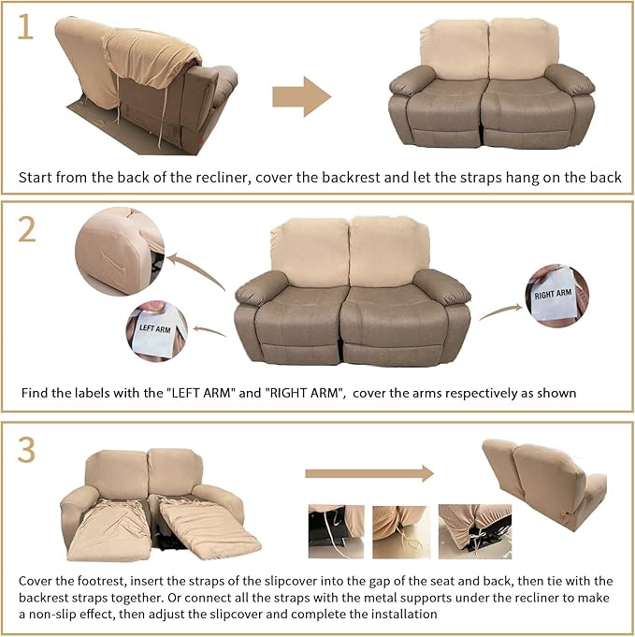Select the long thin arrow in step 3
pyautogui.click(x=369, y=473)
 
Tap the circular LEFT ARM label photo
pyautogui.click(x=156, y=329)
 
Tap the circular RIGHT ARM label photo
pyautogui.click(x=556, y=296)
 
